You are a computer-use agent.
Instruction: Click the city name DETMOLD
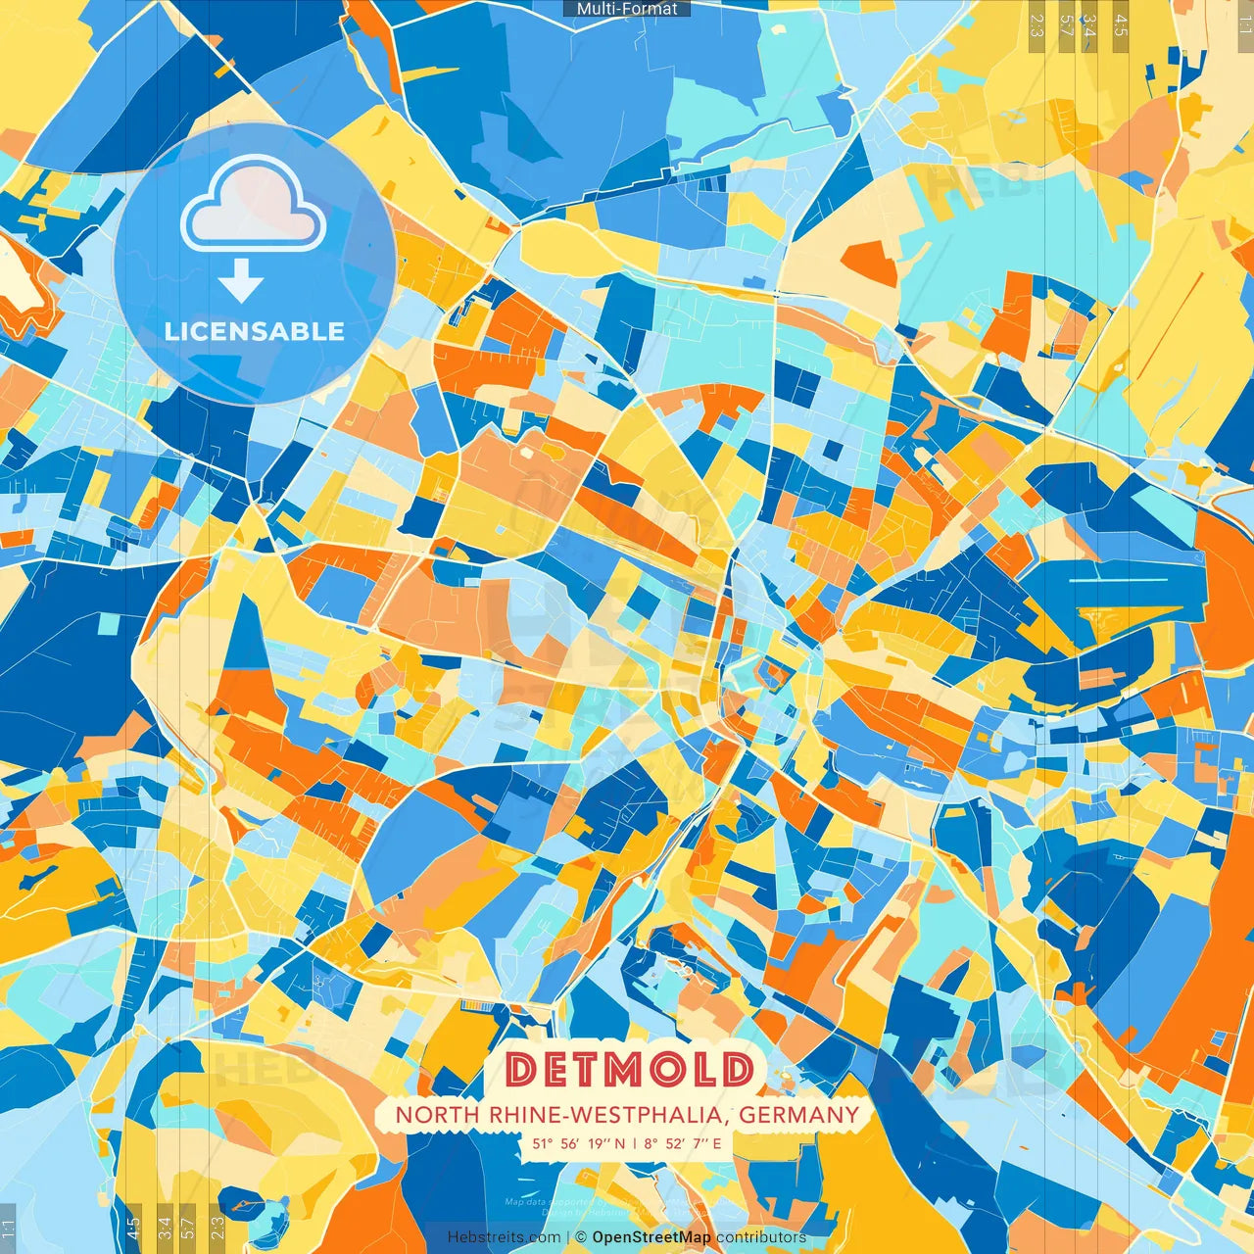coord(630,1069)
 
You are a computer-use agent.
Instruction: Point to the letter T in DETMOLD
coord(584,1069)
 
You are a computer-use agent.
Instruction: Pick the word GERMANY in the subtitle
coord(798,1115)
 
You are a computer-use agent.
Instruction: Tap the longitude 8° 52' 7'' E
coord(682,1143)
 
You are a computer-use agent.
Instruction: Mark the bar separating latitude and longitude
coord(634,1143)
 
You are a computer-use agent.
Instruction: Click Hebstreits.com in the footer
coord(504,1237)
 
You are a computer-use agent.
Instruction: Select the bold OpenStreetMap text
coord(651,1237)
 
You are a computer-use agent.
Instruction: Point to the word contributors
coord(761,1237)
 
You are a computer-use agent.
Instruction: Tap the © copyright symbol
coord(581,1237)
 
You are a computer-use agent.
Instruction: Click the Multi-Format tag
coord(627,9)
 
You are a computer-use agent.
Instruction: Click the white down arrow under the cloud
coord(241,281)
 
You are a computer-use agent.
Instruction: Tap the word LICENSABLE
coord(255,331)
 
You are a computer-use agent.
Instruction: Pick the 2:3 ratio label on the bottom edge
coord(217,1227)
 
